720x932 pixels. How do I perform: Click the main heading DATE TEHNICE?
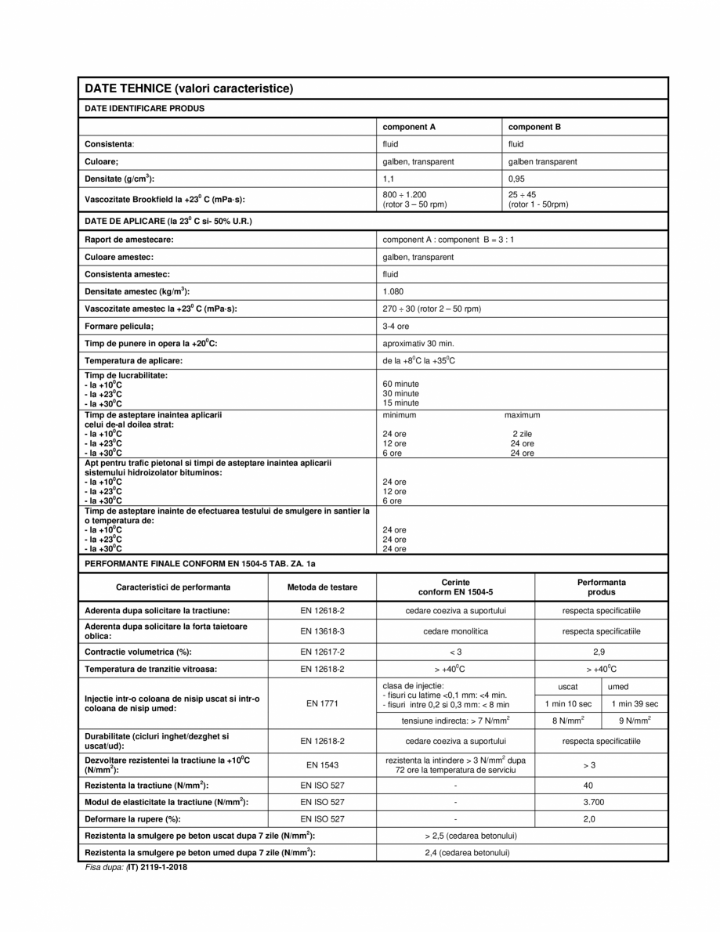pos(188,89)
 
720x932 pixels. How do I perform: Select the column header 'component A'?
pos(408,126)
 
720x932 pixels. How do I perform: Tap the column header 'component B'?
pos(534,126)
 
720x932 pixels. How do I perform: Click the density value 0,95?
pos(517,179)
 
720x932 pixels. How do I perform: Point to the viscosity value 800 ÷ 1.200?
pos(404,194)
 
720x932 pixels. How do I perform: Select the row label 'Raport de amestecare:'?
pos(129,239)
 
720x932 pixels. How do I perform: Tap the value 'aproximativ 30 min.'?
pos(418,343)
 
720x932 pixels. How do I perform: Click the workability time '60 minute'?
pos(400,384)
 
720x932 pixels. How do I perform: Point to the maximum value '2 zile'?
pos(523,433)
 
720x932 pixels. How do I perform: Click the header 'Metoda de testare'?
pos(321,587)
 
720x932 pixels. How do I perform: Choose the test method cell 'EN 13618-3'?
pos(321,630)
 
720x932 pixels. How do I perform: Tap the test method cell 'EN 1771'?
pos(321,703)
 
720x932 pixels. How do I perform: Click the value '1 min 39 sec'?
pos(635,703)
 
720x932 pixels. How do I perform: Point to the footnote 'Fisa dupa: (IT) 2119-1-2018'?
pos(137,868)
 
